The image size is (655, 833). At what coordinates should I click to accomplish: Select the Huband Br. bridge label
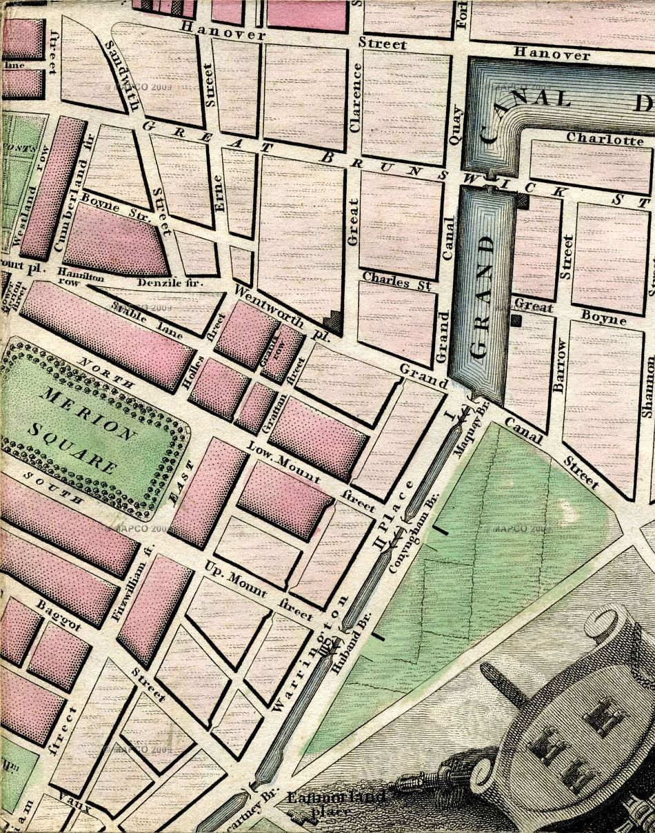click(x=350, y=641)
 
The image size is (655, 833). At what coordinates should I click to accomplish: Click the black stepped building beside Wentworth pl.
click(x=334, y=321)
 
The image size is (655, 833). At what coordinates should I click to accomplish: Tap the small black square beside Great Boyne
click(x=516, y=320)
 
